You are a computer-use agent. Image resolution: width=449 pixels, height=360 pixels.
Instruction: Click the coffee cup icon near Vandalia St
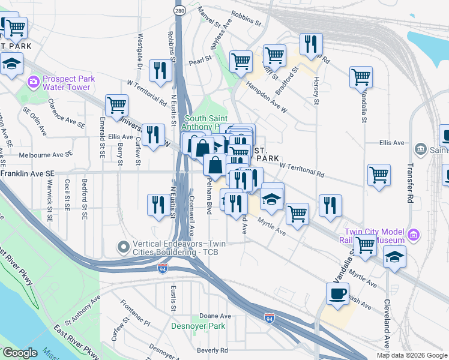click(x=337, y=294)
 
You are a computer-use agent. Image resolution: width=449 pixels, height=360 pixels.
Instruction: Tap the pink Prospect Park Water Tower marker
click(x=33, y=81)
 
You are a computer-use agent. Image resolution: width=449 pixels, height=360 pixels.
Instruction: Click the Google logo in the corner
click(x=19, y=353)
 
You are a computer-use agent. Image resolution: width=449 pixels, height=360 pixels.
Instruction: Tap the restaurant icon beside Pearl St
click(x=160, y=70)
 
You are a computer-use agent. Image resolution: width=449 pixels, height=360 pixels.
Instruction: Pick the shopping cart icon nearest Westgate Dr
click(x=116, y=105)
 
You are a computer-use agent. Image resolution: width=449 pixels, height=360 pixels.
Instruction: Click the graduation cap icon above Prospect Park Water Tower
click(x=11, y=65)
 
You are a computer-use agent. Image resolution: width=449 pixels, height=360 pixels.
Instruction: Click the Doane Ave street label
click(x=215, y=316)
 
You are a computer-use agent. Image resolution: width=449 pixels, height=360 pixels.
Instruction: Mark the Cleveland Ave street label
click(x=387, y=322)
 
